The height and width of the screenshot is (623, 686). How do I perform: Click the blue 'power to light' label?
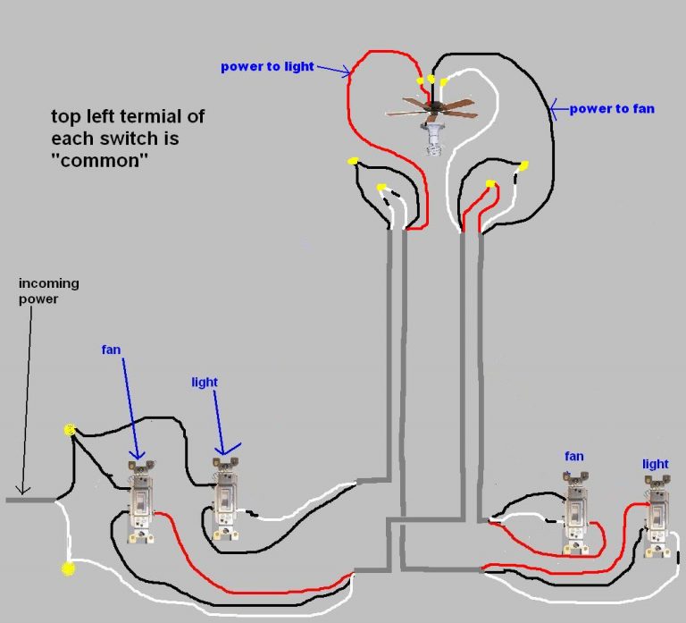click(x=267, y=67)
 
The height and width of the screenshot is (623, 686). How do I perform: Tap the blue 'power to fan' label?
click(x=613, y=109)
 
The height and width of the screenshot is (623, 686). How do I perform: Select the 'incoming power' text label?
click(x=49, y=290)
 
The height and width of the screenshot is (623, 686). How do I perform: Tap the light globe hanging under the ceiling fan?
click(x=435, y=141)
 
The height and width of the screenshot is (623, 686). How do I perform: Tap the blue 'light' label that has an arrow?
click(x=205, y=382)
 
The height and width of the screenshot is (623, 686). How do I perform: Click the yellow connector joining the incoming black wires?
click(x=70, y=431)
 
